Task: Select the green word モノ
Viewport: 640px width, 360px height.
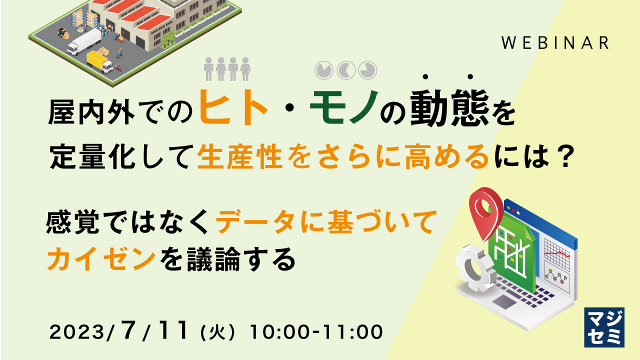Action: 342,107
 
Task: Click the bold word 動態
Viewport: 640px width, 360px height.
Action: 447,108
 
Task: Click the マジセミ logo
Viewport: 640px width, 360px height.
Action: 604,327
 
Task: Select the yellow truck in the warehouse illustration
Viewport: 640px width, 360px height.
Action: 99,61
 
